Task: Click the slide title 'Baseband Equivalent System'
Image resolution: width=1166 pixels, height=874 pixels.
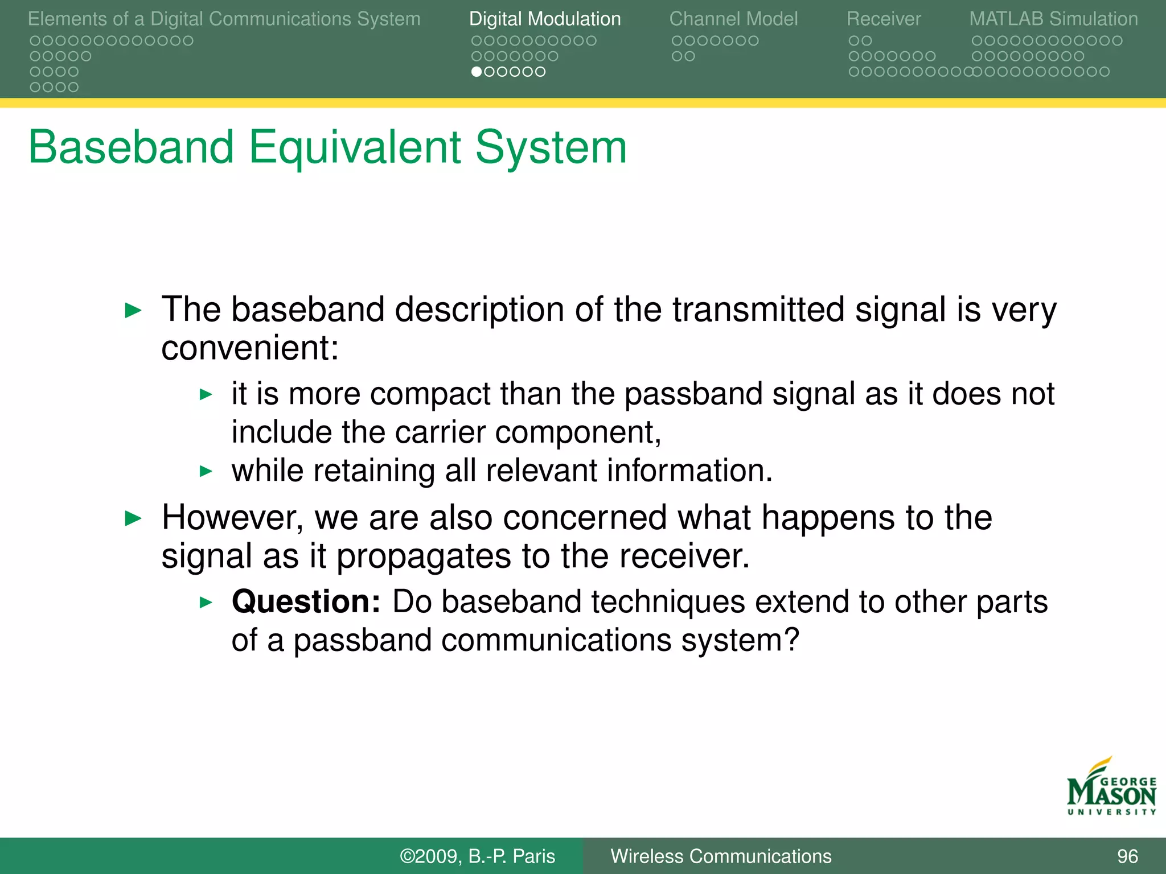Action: [327, 147]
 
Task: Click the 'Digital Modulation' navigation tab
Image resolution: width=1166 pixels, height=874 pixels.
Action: [544, 19]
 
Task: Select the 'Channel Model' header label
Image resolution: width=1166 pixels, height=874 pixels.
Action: [733, 19]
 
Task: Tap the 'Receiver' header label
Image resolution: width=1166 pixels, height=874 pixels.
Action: [883, 19]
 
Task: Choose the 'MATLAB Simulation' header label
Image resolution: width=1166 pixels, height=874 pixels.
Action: [1053, 19]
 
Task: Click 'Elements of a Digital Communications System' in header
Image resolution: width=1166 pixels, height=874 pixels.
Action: [224, 19]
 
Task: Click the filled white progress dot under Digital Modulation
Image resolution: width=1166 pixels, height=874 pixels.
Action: [477, 72]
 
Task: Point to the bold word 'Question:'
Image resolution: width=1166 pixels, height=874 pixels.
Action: [306, 601]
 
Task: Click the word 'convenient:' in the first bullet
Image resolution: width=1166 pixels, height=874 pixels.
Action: [249, 348]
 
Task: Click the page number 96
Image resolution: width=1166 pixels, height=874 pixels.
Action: [1127, 856]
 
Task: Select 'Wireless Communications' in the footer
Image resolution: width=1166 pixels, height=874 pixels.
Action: [721, 856]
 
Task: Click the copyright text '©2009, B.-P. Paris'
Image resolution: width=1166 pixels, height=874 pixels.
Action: [477, 856]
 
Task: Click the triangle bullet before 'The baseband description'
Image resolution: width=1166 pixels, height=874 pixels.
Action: [133, 311]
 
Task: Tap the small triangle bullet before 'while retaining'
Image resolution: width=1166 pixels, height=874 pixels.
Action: [206, 471]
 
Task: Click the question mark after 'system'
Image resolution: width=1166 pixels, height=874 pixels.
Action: [792, 640]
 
